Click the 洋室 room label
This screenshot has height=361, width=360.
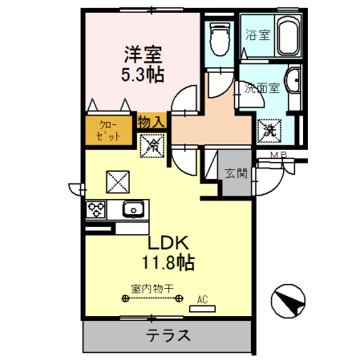pos(142,56)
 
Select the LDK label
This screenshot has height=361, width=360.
pos(166,243)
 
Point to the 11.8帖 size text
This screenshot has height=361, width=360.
pos(166,262)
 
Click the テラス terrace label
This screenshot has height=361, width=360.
pos(168,336)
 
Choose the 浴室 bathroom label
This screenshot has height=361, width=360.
pos(257,34)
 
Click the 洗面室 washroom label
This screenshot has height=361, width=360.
pos(262,88)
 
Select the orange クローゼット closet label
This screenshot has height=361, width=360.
pos(109,130)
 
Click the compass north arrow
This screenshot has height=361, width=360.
pos(290,302)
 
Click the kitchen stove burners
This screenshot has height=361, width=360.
pos(97,211)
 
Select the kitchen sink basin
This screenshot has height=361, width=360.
pos(132,210)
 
